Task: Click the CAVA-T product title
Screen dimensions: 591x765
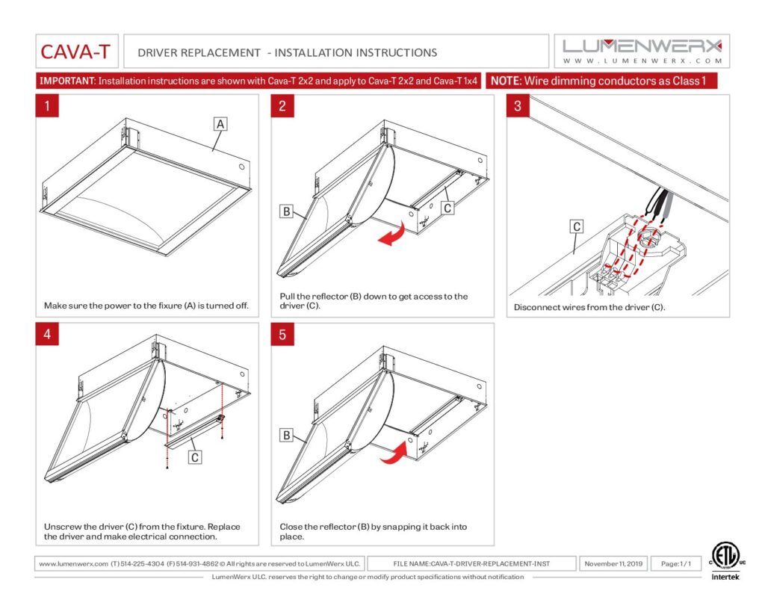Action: (x=75, y=52)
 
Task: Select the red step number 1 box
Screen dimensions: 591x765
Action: (x=47, y=105)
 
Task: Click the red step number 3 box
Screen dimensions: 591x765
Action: (x=518, y=105)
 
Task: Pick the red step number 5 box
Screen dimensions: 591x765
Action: (x=282, y=334)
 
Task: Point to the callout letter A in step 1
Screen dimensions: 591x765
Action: (x=220, y=125)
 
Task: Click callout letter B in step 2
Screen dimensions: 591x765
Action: (x=286, y=211)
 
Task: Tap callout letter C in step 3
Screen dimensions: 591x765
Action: (x=577, y=226)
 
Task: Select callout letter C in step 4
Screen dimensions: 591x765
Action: (x=194, y=457)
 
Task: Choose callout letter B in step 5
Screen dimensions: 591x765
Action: (x=286, y=434)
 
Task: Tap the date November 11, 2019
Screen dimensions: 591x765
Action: (x=613, y=563)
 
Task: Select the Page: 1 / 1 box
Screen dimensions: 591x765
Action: (x=675, y=563)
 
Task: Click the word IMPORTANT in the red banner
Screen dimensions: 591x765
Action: (x=66, y=81)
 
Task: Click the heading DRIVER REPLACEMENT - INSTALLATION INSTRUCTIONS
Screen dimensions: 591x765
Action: (x=288, y=53)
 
